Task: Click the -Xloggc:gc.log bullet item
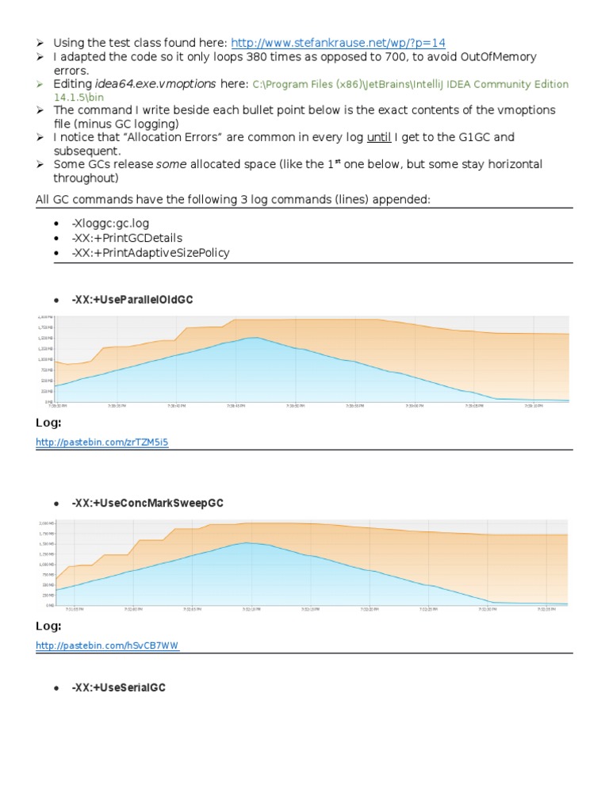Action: coord(106,224)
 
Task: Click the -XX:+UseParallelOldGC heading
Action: coord(132,301)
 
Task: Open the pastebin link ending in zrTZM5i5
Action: coord(102,443)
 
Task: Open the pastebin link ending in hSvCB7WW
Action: coord(108,646)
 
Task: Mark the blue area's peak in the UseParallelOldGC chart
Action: coord(253,339)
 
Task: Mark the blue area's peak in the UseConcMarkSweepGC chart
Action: coord(247,543)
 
